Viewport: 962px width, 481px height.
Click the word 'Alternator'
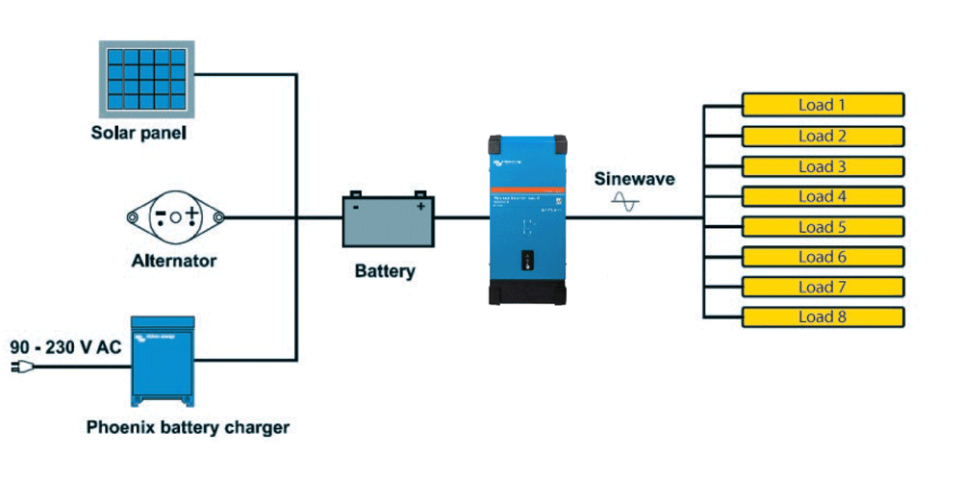click(x=174, y=261)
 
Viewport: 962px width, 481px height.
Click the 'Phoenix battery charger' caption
click(x=188, y=426)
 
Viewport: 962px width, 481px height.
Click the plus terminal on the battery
click(x=420, y=205)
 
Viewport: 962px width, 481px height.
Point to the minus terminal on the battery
click(x=356, y=205)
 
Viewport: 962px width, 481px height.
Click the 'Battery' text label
click(x=385, y=271)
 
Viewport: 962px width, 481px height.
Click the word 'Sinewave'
click(x=634, y=179)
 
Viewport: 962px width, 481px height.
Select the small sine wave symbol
click(x=626, y=202)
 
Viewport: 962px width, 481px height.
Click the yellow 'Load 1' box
click(x=822, y=105)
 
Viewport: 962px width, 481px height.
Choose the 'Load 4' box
click(x=822, y=196)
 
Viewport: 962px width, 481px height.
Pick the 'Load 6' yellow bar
click(x=822, y=257)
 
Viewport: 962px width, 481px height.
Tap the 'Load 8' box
click(x=822, y=317)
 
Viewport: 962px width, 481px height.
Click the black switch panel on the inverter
click(x=526, y=261)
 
